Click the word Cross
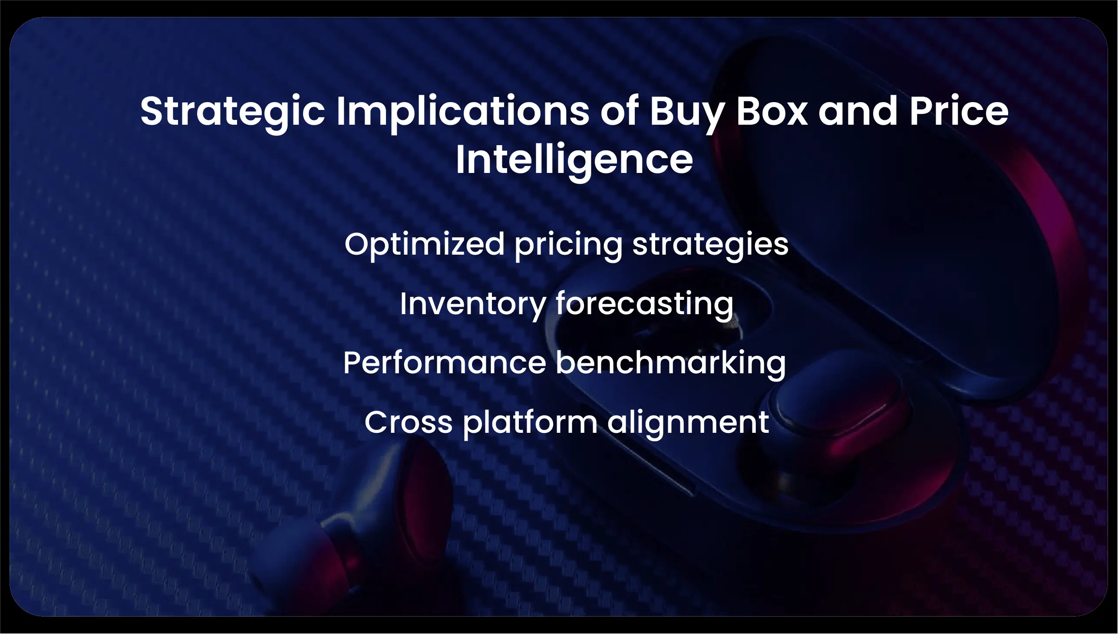click(x=409, y=422)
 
